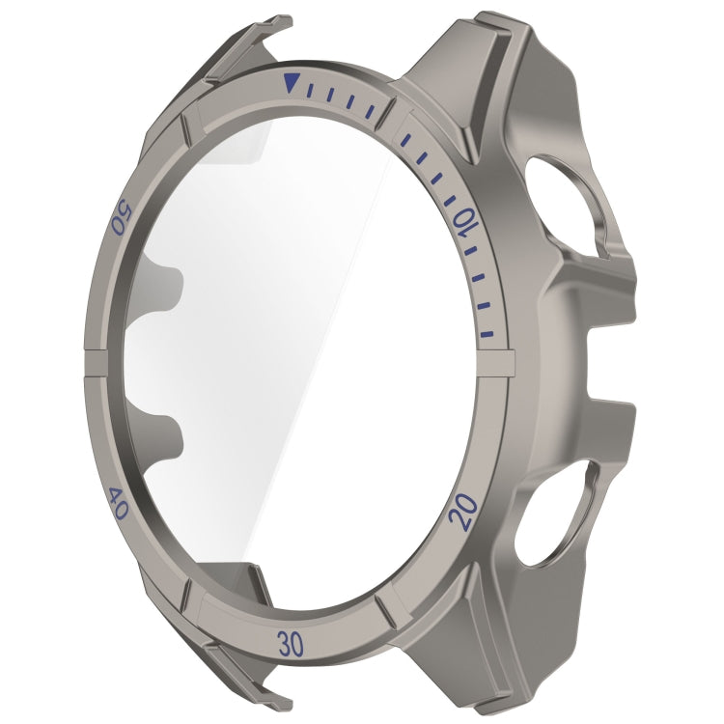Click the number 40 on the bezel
coord(116,504)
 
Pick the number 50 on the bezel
coord(121,217)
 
